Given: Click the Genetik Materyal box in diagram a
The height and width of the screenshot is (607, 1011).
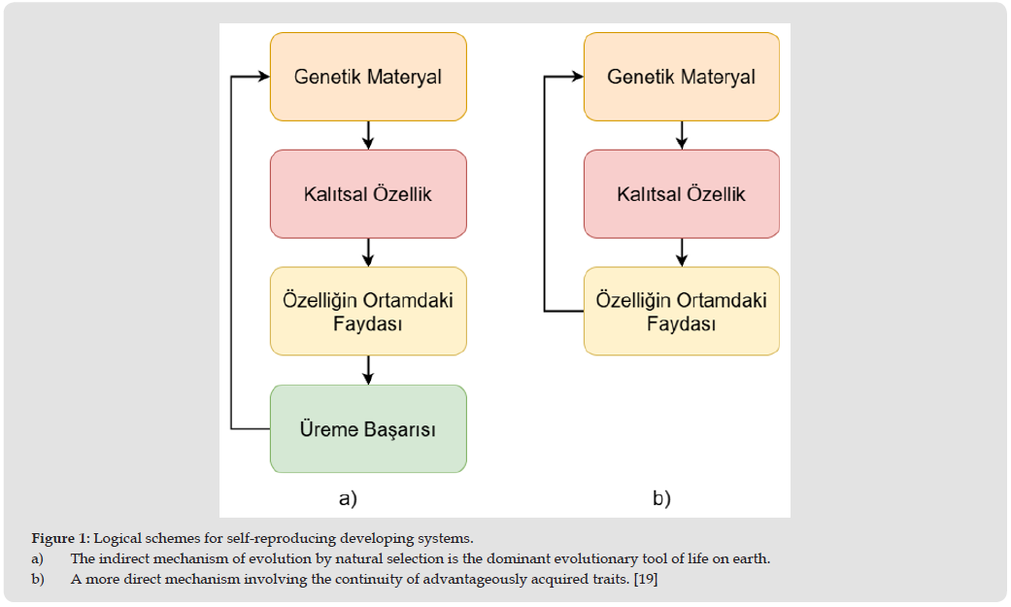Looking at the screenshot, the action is pos(368,77).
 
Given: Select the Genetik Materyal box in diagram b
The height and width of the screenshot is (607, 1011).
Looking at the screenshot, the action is pos(682,77).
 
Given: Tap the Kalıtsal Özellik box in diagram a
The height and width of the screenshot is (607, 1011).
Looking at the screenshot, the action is pos(368,194).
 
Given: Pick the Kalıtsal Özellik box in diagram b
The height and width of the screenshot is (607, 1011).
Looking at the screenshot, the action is pos(682,194).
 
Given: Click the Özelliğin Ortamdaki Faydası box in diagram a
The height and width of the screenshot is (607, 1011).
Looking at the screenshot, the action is pos(368,312).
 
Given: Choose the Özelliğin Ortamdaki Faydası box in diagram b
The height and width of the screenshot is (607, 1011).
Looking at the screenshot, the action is pos(682,312).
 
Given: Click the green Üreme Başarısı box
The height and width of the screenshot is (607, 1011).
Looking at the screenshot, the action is pos(368,429).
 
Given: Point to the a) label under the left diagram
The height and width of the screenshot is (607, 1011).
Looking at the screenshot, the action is pos(349,498).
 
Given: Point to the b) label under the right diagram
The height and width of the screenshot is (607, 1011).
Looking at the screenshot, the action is pos(661,498).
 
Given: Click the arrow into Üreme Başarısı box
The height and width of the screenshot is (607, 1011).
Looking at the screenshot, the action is pos(368,370).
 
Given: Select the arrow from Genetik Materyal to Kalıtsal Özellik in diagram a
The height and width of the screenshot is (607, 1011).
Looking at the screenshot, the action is pos(368,135).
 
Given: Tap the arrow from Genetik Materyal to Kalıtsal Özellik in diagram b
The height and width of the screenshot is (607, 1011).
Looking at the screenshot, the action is pos(682,135).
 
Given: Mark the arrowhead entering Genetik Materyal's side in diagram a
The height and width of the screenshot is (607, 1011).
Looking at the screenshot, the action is pos(264,77).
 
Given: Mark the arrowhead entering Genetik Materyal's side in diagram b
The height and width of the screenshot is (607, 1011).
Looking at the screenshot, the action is pos(578,77).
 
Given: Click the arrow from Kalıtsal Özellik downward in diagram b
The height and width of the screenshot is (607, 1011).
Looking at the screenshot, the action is pos(682,253).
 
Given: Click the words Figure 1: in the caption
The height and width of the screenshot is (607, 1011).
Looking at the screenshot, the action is pos(60,539).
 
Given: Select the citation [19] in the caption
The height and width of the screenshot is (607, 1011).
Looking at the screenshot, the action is pos(646,579).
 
